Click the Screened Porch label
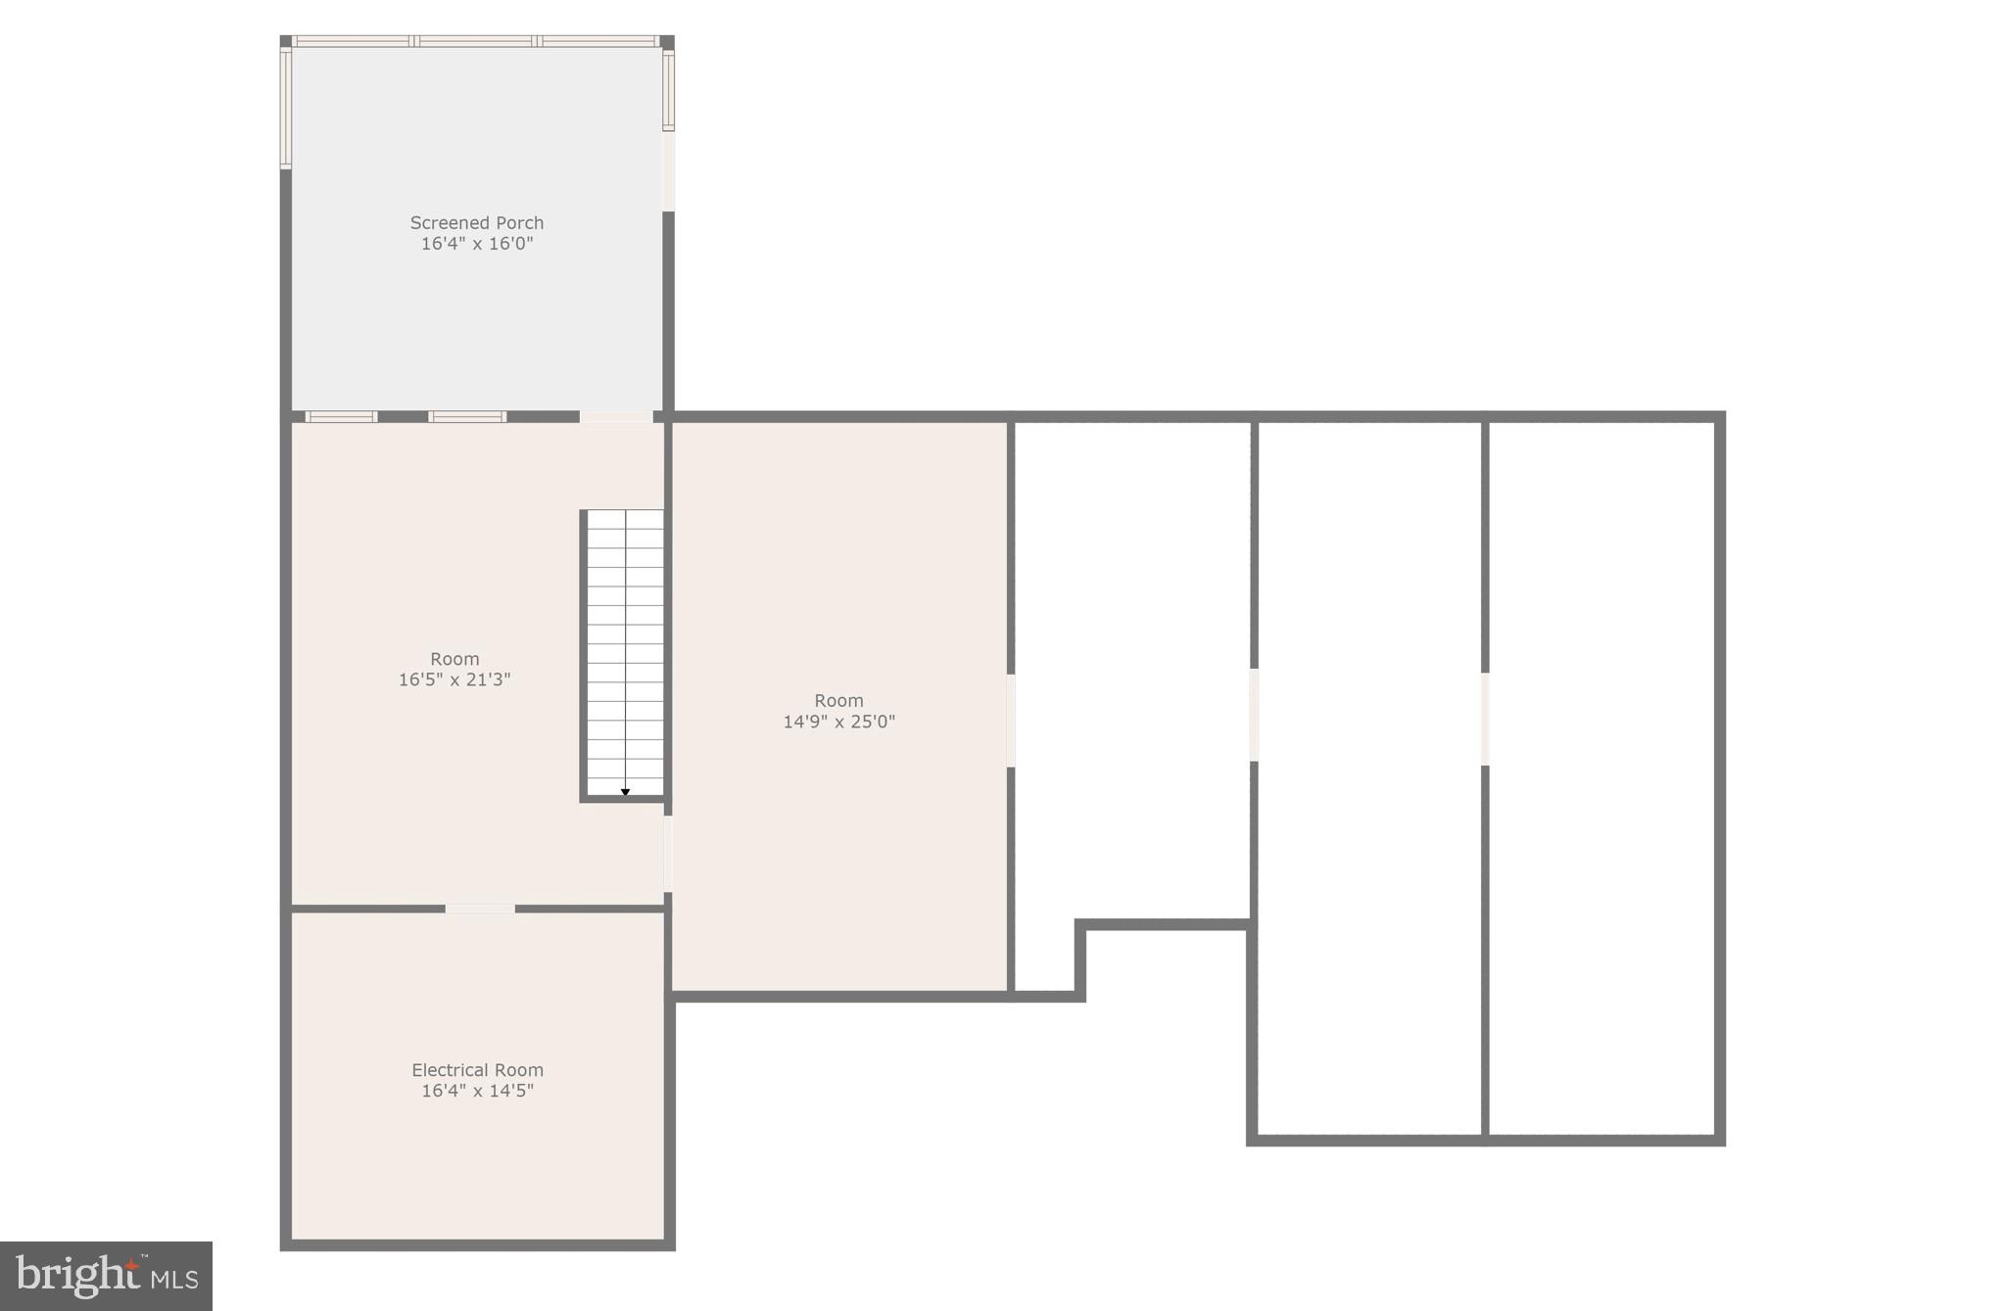(x=476, y=223)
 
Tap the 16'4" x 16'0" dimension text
(x=476, y=244)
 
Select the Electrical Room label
(x=477, y=1070)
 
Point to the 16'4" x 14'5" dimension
(x=477, y=1091)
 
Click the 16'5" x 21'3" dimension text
(x=454, y=679)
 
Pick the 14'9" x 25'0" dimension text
(x=838, y=722)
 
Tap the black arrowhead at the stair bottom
(x=625, y=792)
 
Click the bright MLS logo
(x=106, y=1276)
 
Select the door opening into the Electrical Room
(x=480, y=909)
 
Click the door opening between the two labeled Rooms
(x=668, y=854)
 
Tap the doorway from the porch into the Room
(x=616, y=417)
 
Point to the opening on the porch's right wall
(x=669, y=170)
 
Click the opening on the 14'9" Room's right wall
(x=1011, y=720)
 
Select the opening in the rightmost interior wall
(x=1485, y=718)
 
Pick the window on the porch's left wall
(x=286, y=108)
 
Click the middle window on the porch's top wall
(x=476, y=41)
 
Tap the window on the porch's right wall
(x=669, y=90)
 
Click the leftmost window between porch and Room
(x=341, y=417)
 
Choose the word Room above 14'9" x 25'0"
(x=838, y=701)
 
